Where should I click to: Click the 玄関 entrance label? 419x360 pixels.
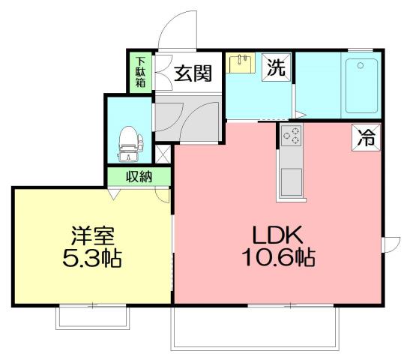[193, 73]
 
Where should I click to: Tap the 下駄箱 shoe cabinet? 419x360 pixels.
[140, 73]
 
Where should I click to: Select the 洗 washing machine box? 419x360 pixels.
[276, 68]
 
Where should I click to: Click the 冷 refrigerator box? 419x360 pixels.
[366, 138]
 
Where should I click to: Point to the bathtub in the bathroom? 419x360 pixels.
[363, 84]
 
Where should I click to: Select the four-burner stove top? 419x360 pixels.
[291, 136]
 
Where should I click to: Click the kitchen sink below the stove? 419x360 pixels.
[291, 181]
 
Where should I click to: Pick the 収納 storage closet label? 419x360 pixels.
[139, 177]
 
